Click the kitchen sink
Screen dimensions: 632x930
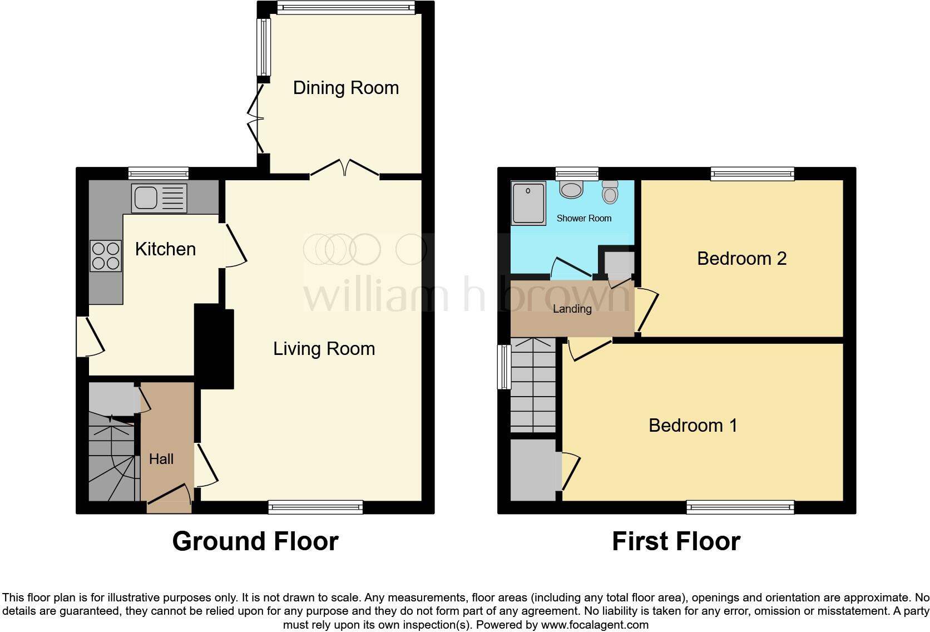click(x=159, y=198)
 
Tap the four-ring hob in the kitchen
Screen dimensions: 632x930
click(x=106, y=256)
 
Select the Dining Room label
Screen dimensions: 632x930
click(x=345, y=88)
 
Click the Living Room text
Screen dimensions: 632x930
click(x=324, y=349)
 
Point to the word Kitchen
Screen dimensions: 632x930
click(x=165, y=249)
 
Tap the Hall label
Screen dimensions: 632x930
click(x=161, y=459)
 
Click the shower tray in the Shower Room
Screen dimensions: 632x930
click(x=528, y=203)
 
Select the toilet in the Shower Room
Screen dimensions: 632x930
click(x=610, y=192)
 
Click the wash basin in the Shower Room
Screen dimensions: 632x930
click(x=571, y=190)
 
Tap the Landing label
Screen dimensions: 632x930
click(x=572, y=309)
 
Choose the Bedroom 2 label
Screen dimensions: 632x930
click(x=741, y=259)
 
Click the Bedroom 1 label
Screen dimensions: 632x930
click(x=692, y=426)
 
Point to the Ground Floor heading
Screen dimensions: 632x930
click(x=255, y=541)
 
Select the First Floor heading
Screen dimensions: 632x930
click(x=676, y=541)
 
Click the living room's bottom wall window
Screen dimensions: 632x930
click(x=315, y=507)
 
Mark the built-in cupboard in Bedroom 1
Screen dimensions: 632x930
click(x=533, y=470)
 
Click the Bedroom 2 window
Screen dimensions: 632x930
click(x=753, y=174)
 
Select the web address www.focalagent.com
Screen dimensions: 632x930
click(x=595, y=625)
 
